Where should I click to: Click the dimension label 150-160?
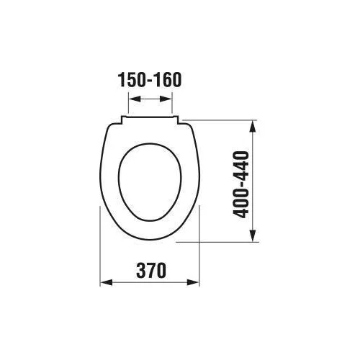click(x=150, y=80)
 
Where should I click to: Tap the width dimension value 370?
click(x=151, y=271)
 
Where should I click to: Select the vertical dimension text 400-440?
click(x=241, y=184)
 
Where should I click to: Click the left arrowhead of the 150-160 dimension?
click(x=135, y=99)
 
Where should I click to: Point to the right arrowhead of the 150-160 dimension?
click(x=166, y=99)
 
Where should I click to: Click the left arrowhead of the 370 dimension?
click(x=107, y=282)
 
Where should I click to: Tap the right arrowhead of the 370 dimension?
click(x=193, y=282)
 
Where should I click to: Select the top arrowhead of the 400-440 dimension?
click(x=252, y=126)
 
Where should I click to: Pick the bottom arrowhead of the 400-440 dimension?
click(x=252, y=235)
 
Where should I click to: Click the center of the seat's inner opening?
click(x=150, y=182)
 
